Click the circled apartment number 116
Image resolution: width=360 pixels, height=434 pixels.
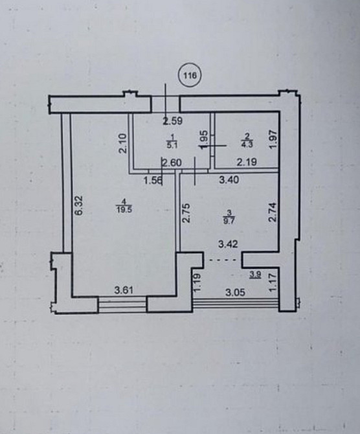190,74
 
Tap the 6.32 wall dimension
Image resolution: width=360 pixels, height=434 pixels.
79,205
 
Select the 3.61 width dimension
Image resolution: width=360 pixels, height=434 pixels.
124,290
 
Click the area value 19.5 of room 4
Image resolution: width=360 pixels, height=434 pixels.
124,209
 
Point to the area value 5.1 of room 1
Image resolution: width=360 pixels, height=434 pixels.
172,146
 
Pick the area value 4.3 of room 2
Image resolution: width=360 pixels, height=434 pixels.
247,144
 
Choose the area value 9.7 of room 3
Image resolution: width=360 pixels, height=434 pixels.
229,222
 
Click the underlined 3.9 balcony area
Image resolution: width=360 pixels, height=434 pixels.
255,275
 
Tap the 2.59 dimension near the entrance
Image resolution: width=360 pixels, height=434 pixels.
172,120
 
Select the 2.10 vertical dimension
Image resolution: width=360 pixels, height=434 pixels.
122,143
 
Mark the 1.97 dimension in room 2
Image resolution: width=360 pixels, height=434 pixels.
273,139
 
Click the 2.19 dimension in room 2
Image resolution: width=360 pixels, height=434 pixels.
247,162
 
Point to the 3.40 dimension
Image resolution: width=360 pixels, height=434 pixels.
229,180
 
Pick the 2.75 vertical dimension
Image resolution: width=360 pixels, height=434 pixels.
186,213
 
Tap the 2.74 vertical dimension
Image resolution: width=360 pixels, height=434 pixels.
273,212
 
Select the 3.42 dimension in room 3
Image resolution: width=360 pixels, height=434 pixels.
228,244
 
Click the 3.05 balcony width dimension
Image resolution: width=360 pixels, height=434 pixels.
235,293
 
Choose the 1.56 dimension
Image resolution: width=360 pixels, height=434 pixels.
153,181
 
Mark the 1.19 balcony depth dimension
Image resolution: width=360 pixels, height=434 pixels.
197,282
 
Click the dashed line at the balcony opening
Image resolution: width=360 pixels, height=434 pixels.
223,260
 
